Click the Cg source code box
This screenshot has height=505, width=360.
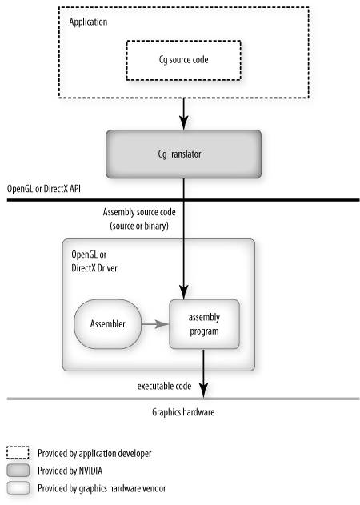183,60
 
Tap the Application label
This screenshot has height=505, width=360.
88,22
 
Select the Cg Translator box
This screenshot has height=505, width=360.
183,154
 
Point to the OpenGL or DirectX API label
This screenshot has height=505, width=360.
44,188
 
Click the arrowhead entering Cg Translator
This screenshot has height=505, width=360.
183,122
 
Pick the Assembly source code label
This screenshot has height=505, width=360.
139,212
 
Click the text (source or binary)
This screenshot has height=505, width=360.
139,226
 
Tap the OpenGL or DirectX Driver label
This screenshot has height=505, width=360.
94,261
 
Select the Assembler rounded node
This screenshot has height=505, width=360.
107,324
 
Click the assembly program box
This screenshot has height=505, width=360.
204,324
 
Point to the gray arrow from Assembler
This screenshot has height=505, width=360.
155,324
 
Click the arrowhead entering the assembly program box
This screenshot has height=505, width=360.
183,292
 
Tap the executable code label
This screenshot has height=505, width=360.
164,386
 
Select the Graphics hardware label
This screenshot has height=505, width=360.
183,412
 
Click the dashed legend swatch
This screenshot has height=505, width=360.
18,453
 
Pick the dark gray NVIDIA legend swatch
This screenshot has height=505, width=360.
18,471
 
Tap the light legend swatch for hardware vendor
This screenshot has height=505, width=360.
18,488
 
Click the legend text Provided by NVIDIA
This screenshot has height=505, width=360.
70,471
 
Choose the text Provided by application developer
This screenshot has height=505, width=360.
94,454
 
